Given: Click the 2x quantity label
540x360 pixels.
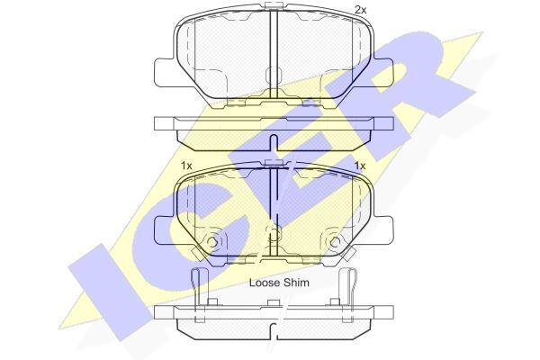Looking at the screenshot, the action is (361, 10).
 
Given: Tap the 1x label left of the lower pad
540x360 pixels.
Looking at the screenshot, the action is (186, 166).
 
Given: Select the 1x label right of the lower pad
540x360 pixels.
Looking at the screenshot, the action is (360, 166).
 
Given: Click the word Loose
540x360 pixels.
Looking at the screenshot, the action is (265, 283).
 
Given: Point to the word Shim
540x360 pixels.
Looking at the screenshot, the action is (296, 283).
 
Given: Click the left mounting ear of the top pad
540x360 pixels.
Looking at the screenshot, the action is (164, 72).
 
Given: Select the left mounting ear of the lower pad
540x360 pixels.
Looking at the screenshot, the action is (164, 230).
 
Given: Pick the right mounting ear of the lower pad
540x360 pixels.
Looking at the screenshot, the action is (382, 230).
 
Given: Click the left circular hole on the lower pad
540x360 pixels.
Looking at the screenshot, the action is (212, 242).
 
